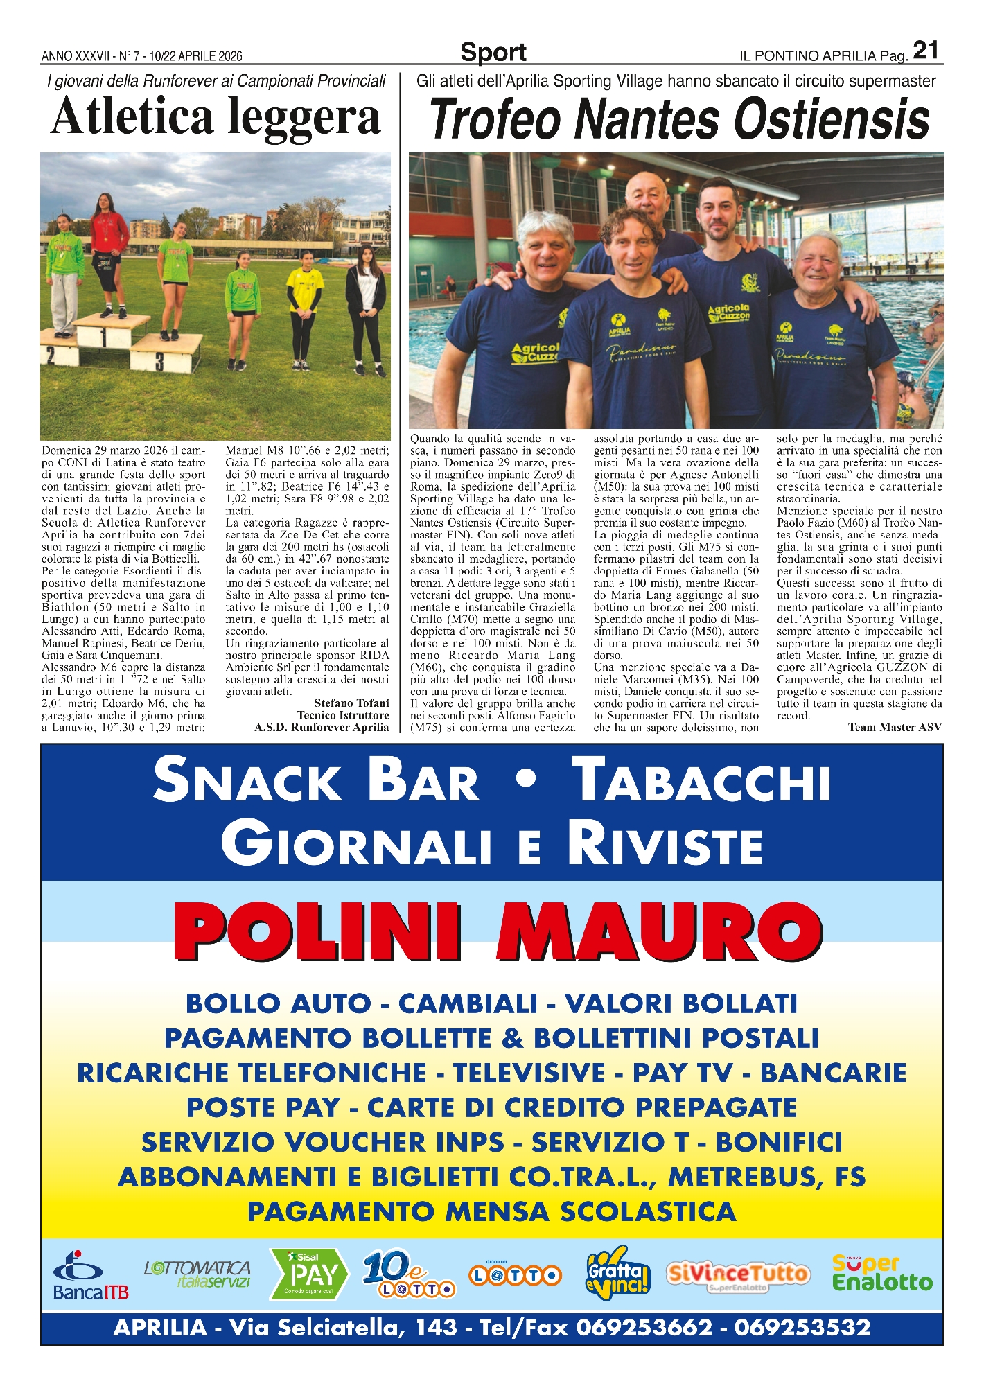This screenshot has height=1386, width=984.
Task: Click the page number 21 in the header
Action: click(x=926, y=51)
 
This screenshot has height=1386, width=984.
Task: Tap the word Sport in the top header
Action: click(x=493, y=53)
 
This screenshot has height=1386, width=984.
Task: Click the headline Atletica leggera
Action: click(x=216, y=116)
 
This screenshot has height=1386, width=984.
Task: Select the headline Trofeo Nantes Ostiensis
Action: click(x=678, y=119)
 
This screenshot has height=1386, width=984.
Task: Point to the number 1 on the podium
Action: click(x=104, y=337)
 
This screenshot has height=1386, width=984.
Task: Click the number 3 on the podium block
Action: click(x=159, y=361)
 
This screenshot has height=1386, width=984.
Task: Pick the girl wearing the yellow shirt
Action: click(x=305, y=305)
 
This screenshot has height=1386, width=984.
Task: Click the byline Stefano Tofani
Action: click(x=351, y=703)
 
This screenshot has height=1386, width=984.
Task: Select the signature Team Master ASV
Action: click(x=895, y=727)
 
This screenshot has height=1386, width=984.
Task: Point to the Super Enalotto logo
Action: click(x=881, y=1274)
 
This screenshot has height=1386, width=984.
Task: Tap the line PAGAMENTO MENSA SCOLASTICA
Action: click(x=491, y=1211)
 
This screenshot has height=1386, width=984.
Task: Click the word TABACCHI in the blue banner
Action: click(x=704, y=781)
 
